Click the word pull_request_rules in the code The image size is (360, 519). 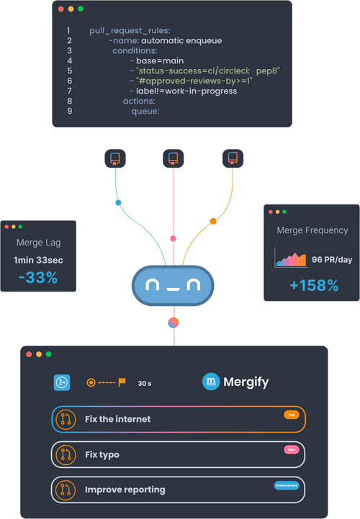[130, 31]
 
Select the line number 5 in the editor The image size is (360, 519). [68, 71]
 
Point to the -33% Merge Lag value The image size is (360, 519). [38, 277]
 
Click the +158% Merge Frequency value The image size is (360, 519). [313, 285]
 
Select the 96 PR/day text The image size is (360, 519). [332, 259]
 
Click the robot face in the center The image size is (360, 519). [174, 286]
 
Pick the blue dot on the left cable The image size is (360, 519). [119, 203]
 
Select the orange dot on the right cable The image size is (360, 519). [212, 221]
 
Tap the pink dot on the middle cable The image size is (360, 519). [173, 238]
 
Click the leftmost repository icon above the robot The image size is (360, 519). [114, 158]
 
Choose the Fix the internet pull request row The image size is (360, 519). [179, 419]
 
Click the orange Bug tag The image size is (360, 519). [291, 415]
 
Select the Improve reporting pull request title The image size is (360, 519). [125, 489]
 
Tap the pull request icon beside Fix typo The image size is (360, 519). [66, 454]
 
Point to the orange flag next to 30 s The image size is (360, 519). [122, 382]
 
